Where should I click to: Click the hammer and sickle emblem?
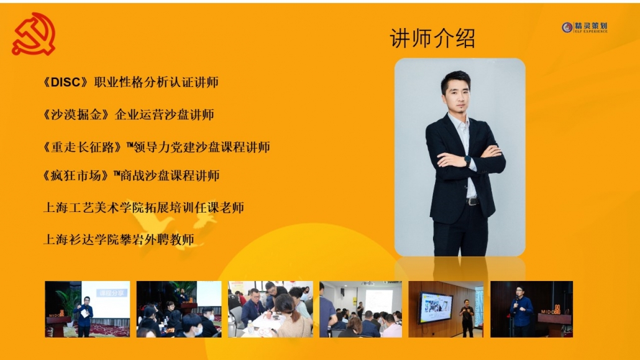[34, 34]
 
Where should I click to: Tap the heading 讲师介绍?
[432, 39]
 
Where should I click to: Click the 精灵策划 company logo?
[585, 27]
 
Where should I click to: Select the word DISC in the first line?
[65, 82]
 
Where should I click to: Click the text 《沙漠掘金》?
[76, 114]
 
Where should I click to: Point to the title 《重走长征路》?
[83, 147]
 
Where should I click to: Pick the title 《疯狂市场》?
[76, 176]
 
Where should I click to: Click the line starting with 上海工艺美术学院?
[144, 208]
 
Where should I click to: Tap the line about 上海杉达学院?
[118, 239]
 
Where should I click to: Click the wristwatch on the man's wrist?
[467, 160]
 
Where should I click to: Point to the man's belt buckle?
[472, 201]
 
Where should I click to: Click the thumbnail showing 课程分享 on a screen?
[88, 309]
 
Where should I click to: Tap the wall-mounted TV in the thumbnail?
[436, 307]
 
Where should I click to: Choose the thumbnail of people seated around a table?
[270, 309]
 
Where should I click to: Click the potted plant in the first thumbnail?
[68, 302]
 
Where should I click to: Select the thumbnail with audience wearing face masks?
[179, 309]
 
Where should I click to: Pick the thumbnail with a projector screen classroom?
[360, 309]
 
